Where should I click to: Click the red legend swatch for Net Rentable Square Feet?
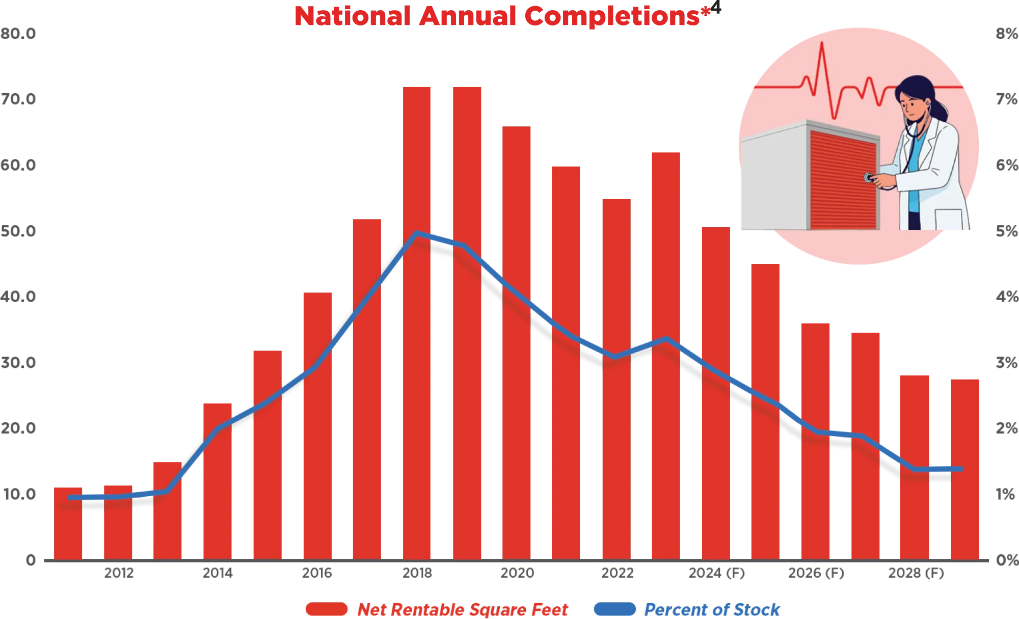point(326,609)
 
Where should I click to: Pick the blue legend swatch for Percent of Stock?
point(614,609)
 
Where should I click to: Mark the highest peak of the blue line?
point(417,233)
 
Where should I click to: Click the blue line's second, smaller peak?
point(665,339)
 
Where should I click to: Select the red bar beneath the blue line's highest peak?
point(416,397)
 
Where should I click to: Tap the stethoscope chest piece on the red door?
point(868,178)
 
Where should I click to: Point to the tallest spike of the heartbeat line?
point(821,51)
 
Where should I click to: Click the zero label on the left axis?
point(32,559)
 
